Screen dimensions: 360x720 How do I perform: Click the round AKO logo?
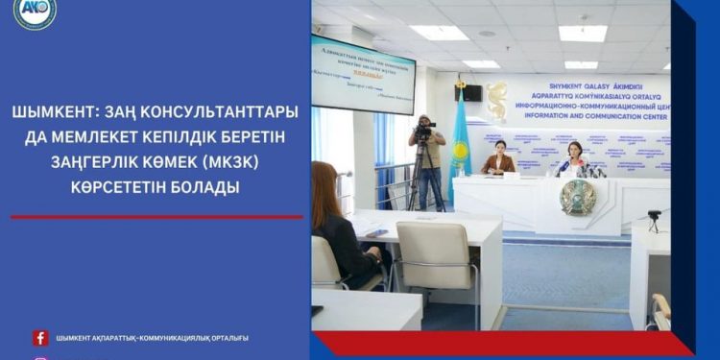click(x=35, y=12)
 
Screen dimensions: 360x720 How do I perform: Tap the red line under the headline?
click(x=156, y=217)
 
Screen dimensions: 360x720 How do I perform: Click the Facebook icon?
click(x=40, y=338)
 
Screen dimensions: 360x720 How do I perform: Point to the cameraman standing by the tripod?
click(x=427, y=163)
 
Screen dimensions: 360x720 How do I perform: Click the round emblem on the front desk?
click(x=578, y=197)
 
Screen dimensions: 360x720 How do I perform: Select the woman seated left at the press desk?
click(x=498, y=159)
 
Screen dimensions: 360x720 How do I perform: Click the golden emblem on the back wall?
click(x=496, y=102)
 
